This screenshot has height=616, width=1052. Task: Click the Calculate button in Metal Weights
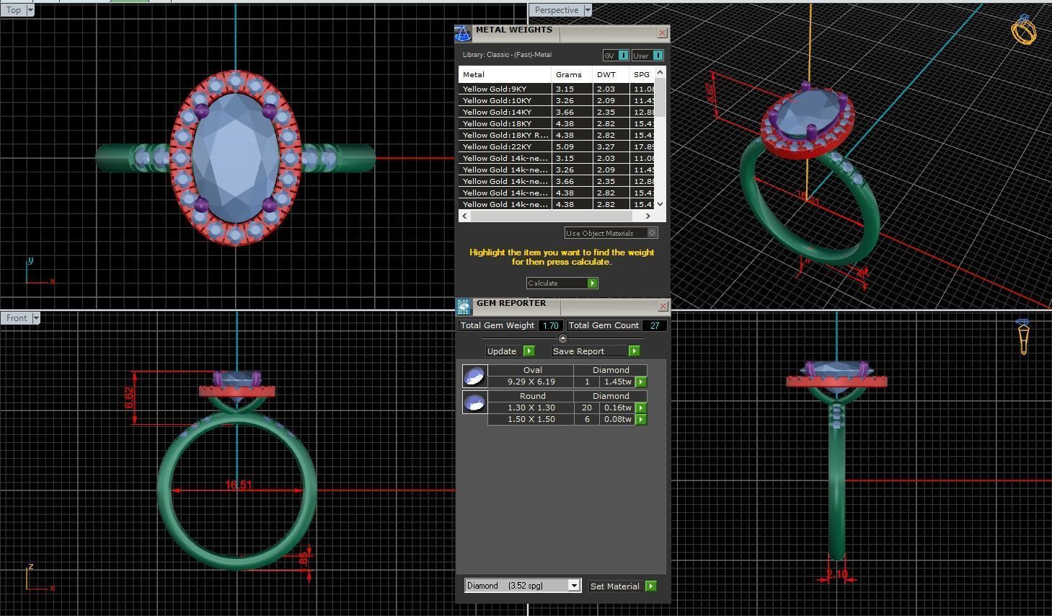click(562, 283)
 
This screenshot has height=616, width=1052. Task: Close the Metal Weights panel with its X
click(662, 33)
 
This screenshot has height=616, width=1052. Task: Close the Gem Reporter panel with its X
click(662, 307)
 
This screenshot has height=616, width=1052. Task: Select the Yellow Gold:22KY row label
click(497, 147)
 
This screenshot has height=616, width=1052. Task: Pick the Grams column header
click(568, 75)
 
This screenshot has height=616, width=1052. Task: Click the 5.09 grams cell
click(565, 147)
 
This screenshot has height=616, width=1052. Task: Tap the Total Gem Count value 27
click(654, 326)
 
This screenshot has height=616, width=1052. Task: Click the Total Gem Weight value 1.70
click(550, 326)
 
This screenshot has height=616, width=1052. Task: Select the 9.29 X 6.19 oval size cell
click(531, 382)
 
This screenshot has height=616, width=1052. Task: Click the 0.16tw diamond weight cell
click(617, 408)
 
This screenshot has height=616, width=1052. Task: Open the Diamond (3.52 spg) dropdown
click(574, 586)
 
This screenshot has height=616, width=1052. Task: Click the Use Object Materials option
click(610, 234)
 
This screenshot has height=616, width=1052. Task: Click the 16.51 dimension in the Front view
click(239, 485)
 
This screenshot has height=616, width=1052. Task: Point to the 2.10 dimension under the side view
click(837, 575)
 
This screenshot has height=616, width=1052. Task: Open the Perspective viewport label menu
click(588, 10)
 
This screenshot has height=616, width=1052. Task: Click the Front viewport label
click(17, 318)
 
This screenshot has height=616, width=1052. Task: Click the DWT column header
click(606, 75)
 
